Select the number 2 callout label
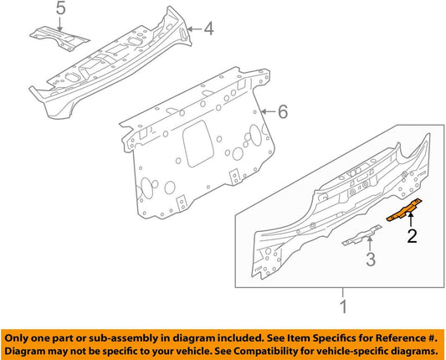410,237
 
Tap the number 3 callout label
369,260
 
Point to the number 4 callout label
208,30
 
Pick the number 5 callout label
59,9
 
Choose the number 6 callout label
283,111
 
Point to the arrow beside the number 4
194,30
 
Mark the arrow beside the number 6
269,111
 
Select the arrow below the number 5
59,23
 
